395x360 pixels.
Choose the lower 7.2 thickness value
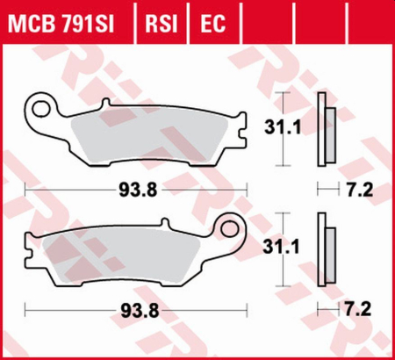pos(362,308)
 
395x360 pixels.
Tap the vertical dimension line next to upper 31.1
pos(282,129)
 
